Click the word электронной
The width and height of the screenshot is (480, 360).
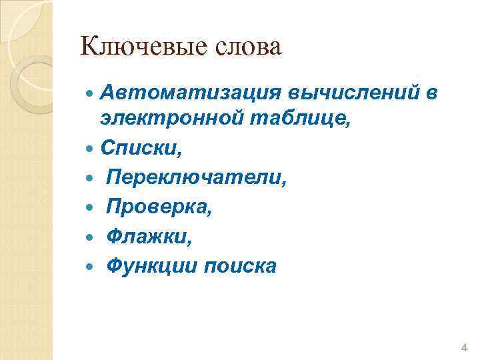[x=173, y=119]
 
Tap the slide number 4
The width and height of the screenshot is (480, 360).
[x=464, y=348]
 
